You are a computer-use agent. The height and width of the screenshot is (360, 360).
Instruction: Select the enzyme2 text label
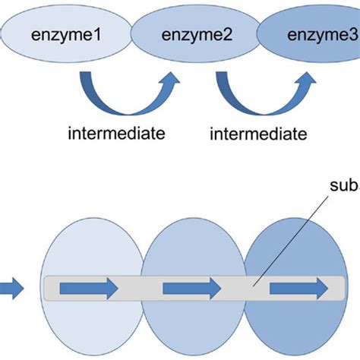(192, 35)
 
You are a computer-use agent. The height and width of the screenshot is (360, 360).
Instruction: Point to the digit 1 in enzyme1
(101, 35)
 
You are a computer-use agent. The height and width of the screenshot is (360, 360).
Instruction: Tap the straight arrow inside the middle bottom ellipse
(191, 287)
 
